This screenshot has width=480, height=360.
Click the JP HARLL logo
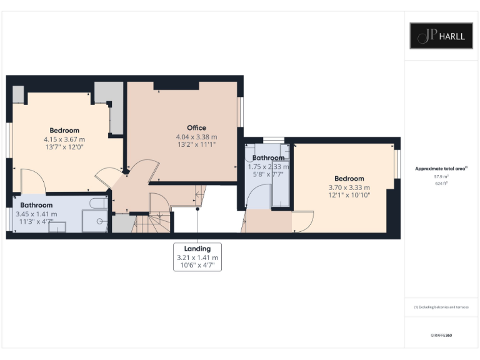point(441,36)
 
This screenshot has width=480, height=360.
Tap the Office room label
point(196,127)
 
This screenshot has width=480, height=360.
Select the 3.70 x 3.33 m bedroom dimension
point(349,187)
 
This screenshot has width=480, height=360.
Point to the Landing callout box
point(197,257)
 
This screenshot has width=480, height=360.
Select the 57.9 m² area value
point(441,177)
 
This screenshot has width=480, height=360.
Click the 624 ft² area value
point(441,183)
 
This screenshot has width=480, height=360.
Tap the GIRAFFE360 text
point(441,336)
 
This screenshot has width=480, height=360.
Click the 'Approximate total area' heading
point(441,169)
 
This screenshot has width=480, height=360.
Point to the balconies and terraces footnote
point(441,307)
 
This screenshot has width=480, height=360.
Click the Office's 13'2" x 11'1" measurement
point(196,144)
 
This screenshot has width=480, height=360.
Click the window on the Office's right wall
point(241,112)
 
